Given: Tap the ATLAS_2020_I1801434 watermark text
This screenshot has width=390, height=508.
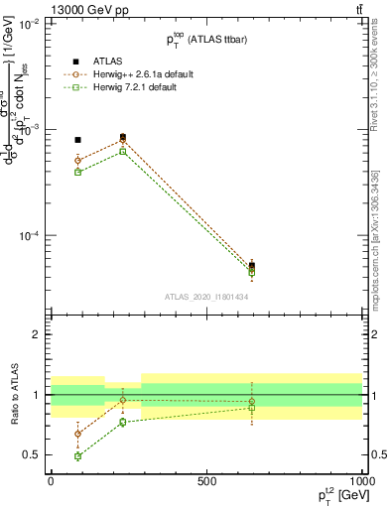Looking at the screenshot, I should pyautogui.click(x=205, y=297).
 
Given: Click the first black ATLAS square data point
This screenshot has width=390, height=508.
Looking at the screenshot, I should pyautogui.click(x=78, y=140).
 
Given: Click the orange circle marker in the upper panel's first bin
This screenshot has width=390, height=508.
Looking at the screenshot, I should pyautogui.click(x=78, y=160).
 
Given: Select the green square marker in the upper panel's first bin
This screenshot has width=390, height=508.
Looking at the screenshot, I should pyautogui.click(x=78, y=172).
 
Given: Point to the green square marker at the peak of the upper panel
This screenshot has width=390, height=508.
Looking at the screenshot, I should pyautogui.click(x=123, y=151).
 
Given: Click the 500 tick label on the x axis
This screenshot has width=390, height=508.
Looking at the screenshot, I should pyautogui.click(x=206, y=481).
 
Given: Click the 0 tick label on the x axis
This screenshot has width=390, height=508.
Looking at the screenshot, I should pyautogui.click(x=51, y=481).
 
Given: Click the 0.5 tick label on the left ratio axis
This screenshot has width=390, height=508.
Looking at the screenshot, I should pyautogui.click(x=32, y=454).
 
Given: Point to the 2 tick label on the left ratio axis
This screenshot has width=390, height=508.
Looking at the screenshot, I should pyautogui.click(x=37, y=334).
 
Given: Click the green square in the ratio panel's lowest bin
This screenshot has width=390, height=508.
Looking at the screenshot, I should pyautogui.click(x=78, y=456).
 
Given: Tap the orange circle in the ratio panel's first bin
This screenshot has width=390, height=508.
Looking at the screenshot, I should pyautogui.click(x=78, y=434).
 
